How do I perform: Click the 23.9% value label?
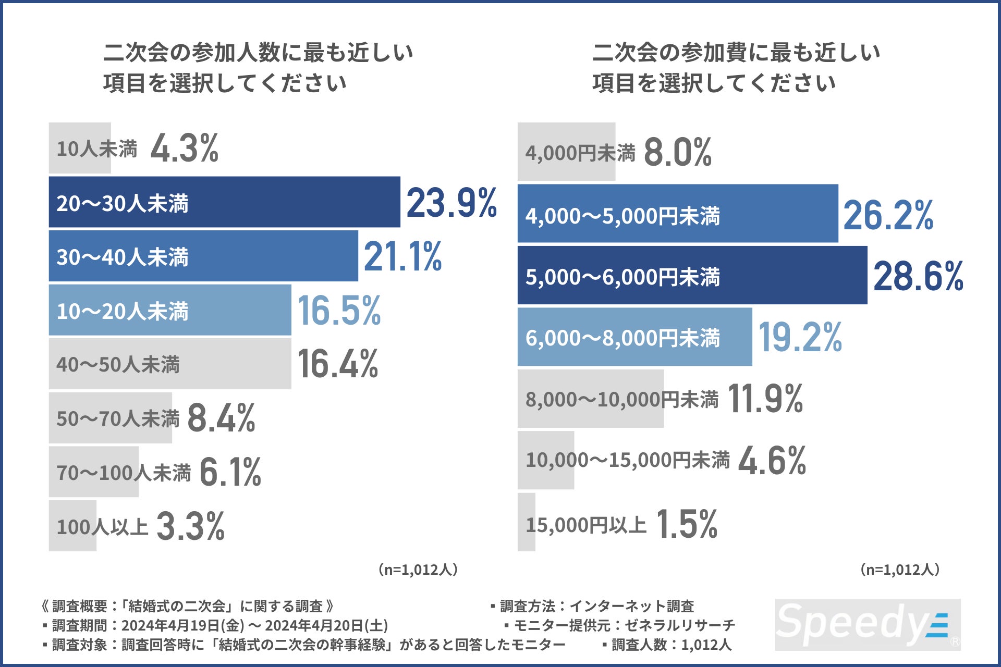(451, 203)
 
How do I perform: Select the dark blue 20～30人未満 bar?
(224, 202)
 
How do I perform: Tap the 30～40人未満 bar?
(203, 256)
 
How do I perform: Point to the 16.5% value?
(339, 311)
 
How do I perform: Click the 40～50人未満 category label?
(118, 364)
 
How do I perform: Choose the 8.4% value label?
(221, 418)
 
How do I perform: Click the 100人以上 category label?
(102, 526)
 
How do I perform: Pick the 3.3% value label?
(190, 526)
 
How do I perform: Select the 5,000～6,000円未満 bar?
(692, 276)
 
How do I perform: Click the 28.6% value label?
(918, 276)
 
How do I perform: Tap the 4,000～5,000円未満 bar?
(677, 214)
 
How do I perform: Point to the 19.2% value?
(800, 337)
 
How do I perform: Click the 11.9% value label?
(765, 399)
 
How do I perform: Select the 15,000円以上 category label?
(586, 524)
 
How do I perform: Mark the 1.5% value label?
(687, 524)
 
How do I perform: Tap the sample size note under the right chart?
(900, 570)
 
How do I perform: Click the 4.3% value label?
(184, 149)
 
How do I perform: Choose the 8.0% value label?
(677, 152)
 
